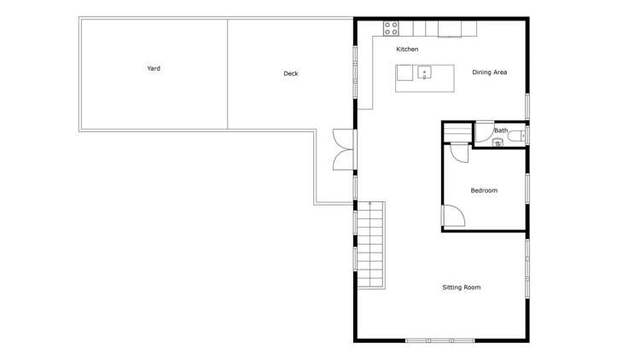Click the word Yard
[154, 68]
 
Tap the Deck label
[291, 73]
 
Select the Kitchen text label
[407, 49]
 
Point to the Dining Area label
[490, 73]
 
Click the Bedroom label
[484, 190]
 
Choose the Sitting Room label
[461, 287]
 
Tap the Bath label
[501, 131]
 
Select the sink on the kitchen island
[424, 72]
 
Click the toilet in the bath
[521, 135]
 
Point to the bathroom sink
[498, 142]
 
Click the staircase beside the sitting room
[371, 247]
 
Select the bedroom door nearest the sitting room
[452, 218]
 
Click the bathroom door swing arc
[483, 133]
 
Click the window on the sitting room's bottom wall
[440, 340]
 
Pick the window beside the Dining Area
[527, 105]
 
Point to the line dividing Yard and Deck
[227, 73]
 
